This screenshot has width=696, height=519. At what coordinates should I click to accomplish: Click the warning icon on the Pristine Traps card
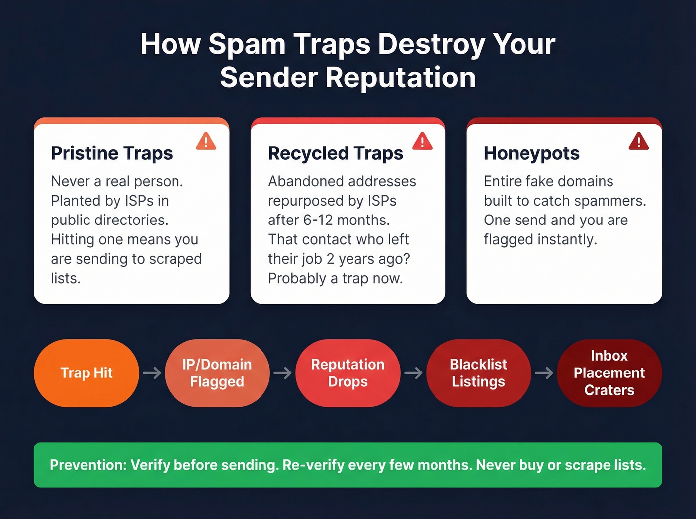pos(206,142)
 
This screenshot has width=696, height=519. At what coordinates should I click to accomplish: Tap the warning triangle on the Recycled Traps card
pos(422,142)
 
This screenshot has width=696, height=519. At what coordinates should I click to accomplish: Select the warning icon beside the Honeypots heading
pos(638,142)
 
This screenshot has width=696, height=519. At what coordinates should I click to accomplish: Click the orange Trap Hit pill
pos(87,373)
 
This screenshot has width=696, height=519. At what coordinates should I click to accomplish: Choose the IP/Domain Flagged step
pos(217,373)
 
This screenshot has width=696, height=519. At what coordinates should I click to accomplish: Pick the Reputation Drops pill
pos(348,373)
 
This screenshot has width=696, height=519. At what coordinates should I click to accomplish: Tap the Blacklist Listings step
pos(478,373)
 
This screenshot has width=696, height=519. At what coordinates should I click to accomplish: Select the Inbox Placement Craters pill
pos(609,373)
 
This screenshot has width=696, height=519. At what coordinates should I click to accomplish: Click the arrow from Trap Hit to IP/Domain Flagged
pos(152,373)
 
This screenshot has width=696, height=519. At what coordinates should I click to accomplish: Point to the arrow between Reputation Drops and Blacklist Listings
pos(413,373)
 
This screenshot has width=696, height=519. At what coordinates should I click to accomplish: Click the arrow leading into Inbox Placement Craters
pos(544,373)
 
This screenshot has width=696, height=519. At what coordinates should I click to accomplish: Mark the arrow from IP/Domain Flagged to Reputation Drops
pos(282,373)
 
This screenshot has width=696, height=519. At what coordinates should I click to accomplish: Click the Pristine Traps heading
pos(112,153)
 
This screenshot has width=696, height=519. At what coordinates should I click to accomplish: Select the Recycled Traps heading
pos(336,153)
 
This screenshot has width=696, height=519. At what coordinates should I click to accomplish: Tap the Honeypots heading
pos(531,153)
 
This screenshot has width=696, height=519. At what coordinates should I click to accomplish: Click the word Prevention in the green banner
pos(88,465)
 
